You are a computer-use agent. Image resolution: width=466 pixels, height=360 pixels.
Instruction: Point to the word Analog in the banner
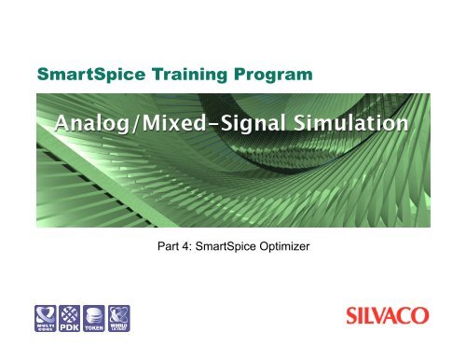pos(93,123)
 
